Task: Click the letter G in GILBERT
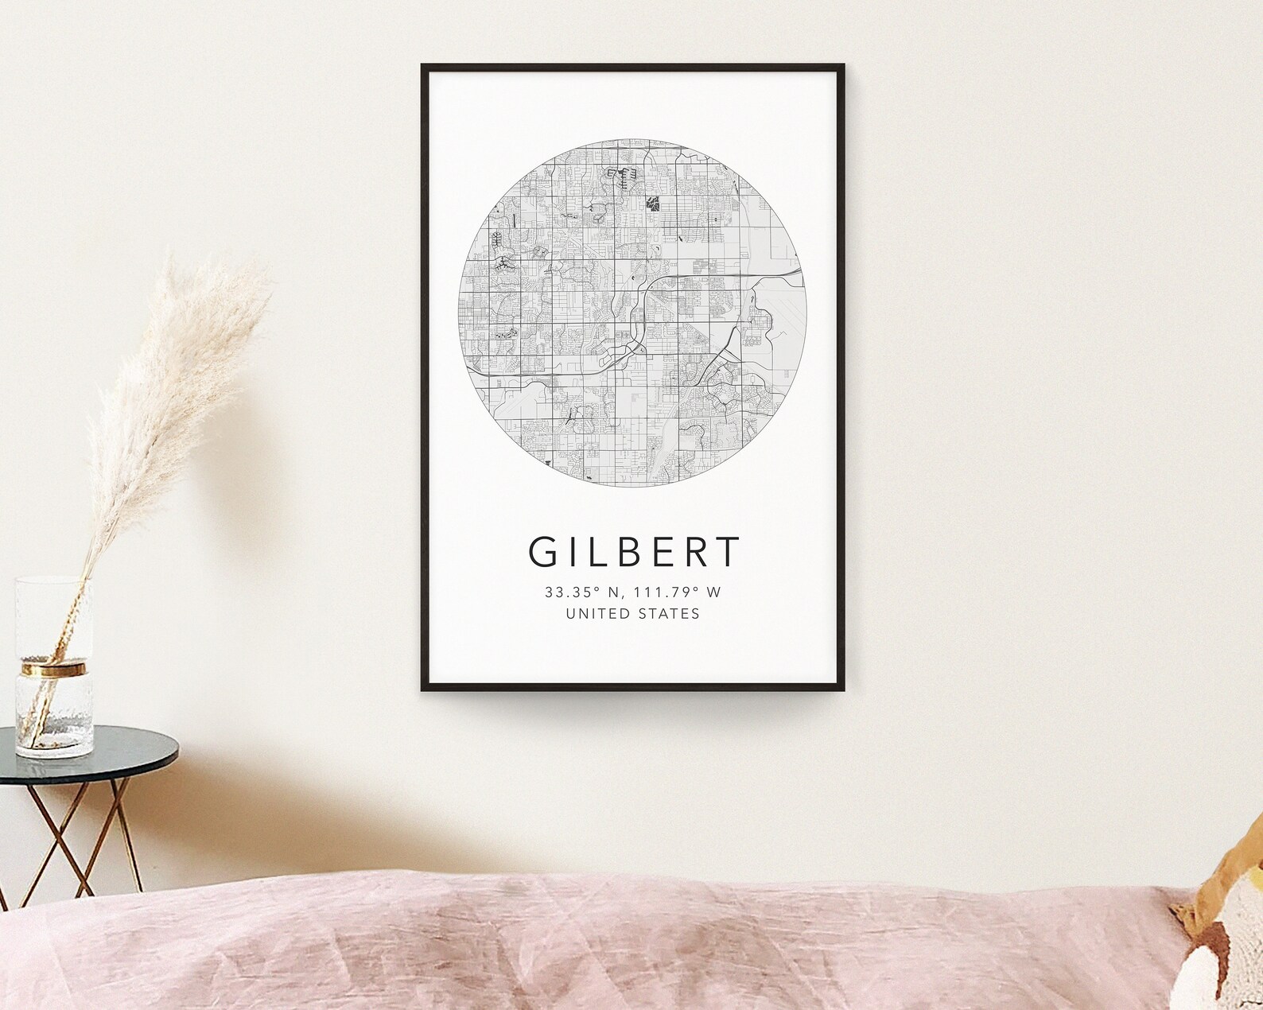pos(545,552)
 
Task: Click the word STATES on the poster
pos(671,614)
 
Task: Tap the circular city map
pos(632,314)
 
